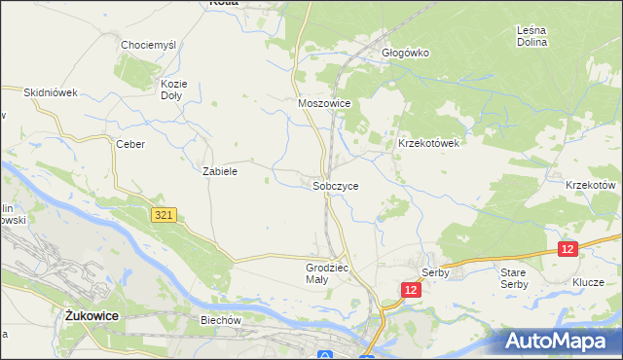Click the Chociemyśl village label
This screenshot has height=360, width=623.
[x=148, y=45]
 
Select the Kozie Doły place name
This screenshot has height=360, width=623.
[x=172, y=90]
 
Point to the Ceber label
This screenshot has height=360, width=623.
[x=130, y=144]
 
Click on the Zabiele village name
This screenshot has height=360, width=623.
[x=220, y=170]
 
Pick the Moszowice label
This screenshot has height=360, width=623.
[x=323, y=102]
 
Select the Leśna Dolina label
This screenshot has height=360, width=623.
[x=531, y=37]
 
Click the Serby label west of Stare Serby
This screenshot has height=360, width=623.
[x=434, y=272]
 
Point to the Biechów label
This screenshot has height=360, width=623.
[x=220, y=319]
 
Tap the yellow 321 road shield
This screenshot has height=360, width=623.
[x=164, y=214]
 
